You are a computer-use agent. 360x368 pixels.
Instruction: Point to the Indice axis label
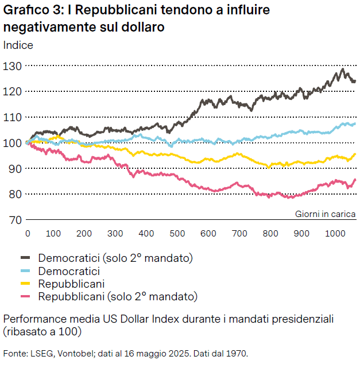(18, 45)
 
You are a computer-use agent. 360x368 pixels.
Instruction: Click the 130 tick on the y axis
(12, 66)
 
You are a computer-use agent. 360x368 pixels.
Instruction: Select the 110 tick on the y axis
(12, 117)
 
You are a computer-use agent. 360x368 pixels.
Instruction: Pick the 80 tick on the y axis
(14, 194)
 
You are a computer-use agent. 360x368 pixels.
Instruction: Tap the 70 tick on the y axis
(14, 220)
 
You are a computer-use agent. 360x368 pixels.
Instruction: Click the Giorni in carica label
(326, 214)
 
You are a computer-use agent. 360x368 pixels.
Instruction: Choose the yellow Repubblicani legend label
(71, 284)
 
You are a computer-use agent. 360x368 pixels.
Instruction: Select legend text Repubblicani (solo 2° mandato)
(118, 297)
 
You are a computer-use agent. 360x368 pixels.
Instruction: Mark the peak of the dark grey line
(343, 69)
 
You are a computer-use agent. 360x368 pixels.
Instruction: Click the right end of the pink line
(355, 180)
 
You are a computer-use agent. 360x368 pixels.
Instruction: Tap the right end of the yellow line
(355, 154)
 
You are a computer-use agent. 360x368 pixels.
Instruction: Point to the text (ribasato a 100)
(42, 331)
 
